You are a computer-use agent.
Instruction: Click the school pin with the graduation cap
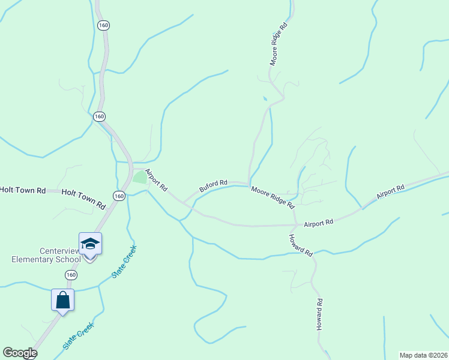90,244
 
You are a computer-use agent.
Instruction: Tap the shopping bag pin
63,299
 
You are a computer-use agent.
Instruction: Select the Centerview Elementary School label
46,255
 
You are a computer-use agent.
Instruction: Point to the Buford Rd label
213,186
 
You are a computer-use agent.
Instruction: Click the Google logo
20,353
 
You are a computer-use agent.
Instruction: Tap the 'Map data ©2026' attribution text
424,355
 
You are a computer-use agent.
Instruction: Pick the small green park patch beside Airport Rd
139,177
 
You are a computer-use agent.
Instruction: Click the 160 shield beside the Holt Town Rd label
118,196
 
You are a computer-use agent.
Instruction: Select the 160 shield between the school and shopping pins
71,275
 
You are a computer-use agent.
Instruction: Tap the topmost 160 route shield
103,25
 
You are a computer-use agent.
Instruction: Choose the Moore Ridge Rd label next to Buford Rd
273,197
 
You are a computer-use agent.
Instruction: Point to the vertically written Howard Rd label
320,316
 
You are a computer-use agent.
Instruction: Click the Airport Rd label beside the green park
156,180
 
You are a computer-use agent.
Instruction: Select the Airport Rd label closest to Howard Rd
318,223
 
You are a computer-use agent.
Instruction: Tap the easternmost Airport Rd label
390,192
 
